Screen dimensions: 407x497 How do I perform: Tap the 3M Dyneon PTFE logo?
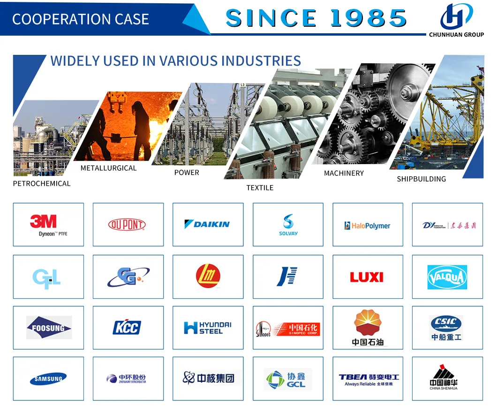click(x=48, y=225)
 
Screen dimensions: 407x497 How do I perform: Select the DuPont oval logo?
click(x=127, y=225)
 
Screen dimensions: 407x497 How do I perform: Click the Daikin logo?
click(x=207, y=224)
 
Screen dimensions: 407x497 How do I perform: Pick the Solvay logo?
click(x=288, y=225)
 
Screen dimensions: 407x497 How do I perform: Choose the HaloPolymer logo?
click(x=367, y=226)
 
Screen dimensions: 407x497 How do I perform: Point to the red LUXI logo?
click(x=367, y=277)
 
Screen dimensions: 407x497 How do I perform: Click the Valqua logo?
click(x=447, y=277)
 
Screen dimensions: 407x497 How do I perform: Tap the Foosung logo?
click(x=49, y=328)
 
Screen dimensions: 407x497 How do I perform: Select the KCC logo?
click(x=127, y=327)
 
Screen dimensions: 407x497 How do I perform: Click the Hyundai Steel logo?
click(x=208, y=328)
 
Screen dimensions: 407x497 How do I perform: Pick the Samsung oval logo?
click(x=48, y=379)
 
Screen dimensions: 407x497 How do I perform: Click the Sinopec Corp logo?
click(x=288, y=328)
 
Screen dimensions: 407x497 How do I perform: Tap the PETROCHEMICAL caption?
click(x=42, y=183)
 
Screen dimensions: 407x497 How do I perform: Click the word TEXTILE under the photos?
click(x=260, y=188)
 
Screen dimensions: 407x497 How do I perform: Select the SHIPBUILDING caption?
click(x=422, y=179)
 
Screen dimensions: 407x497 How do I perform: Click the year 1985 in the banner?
click(x=369, y=18)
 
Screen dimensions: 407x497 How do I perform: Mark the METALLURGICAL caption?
click(x=108, y=168)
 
